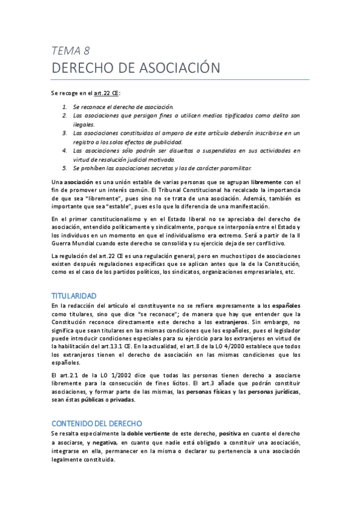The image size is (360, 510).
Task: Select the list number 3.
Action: [x=64, y=132]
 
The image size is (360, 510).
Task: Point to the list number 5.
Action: [x=64, y=168]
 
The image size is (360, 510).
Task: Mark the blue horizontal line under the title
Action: [x=180, y=79]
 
